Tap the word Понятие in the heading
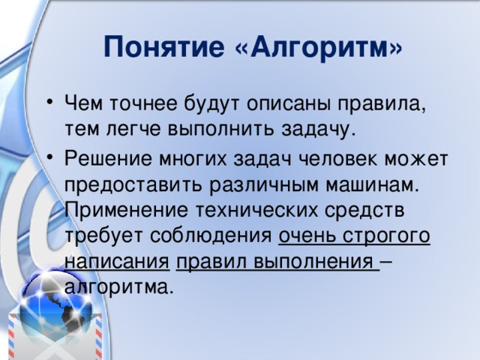164,46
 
